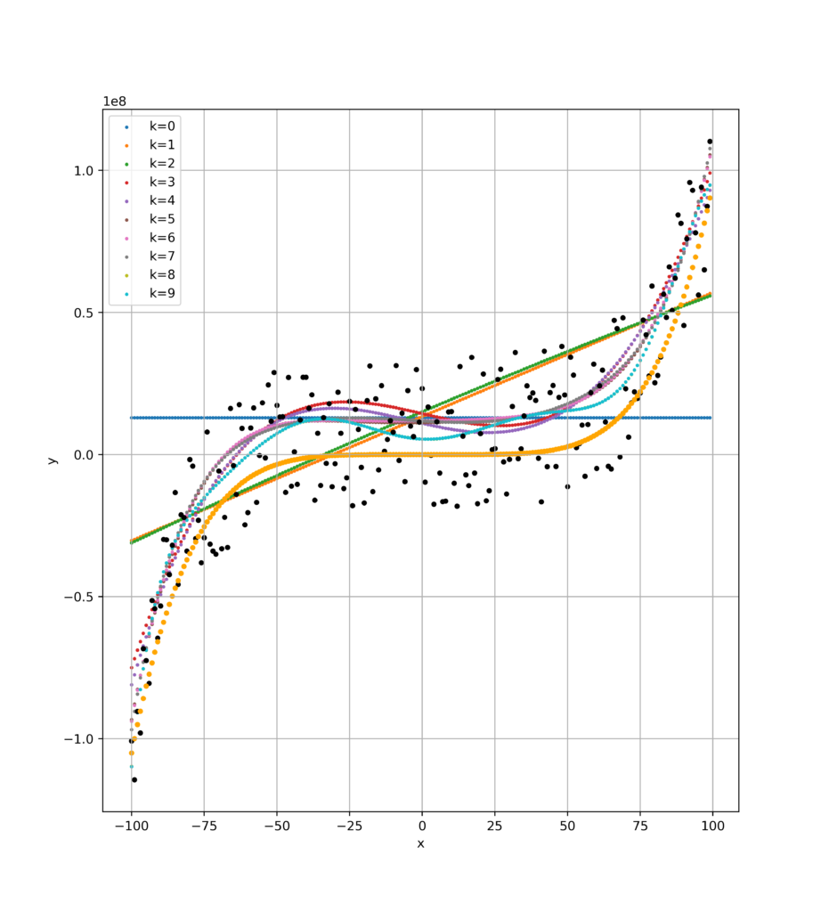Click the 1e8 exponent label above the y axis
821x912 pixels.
point(117,101)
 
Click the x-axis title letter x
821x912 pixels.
point(420,843)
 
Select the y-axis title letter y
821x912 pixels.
point(53,459)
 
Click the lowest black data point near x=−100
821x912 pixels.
point(134,779)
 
